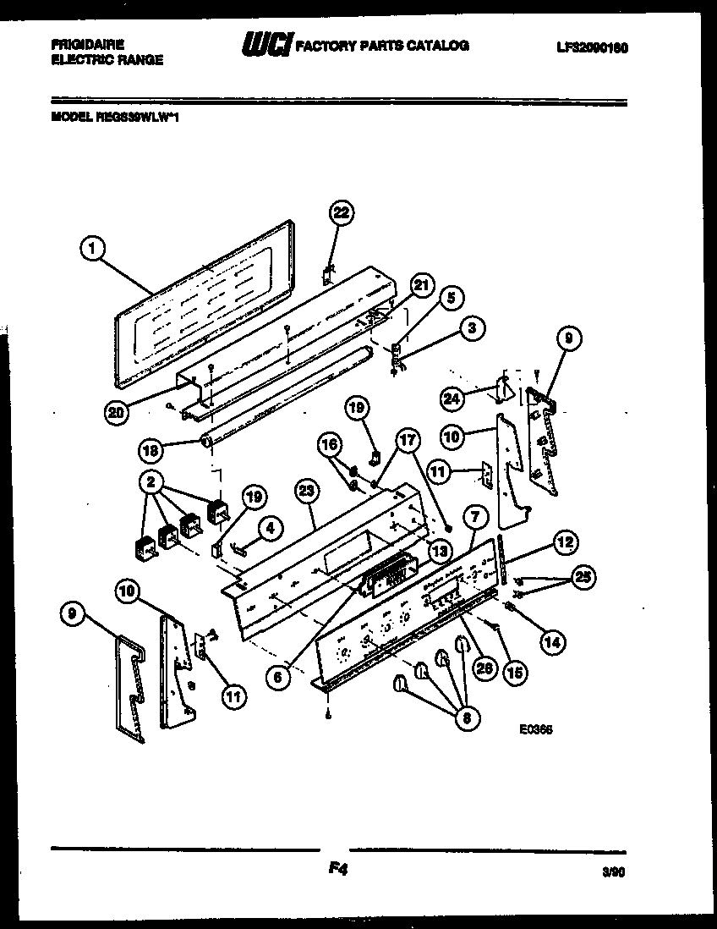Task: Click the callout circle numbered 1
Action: tap(94, 248)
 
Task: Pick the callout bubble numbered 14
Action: tap(551, 641)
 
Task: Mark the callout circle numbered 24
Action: tap(452, 396)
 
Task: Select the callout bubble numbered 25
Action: tap(583, 579)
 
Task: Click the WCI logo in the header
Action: tap(265, 46)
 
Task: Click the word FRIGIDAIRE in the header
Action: tap(87, 42)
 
